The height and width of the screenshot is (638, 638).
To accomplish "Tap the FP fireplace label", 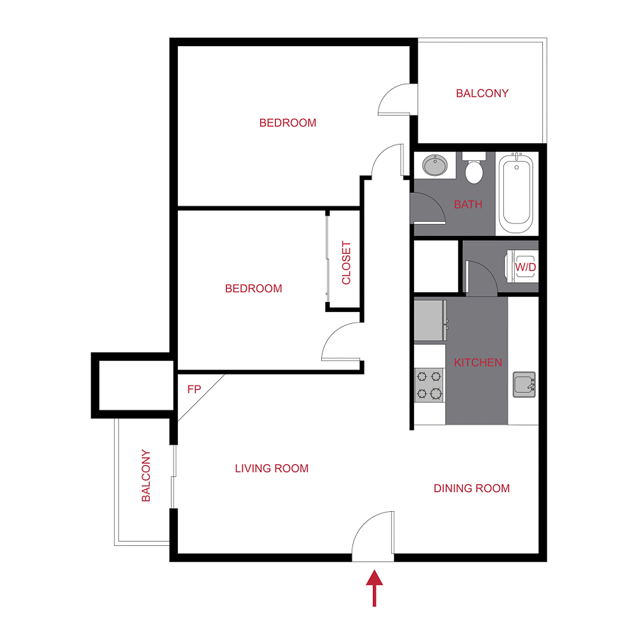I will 194,389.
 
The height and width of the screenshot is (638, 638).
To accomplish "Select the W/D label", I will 525,267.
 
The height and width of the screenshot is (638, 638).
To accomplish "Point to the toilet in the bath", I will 474,169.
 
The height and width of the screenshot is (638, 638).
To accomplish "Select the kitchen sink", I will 524,384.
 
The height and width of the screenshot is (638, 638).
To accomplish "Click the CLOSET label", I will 347,263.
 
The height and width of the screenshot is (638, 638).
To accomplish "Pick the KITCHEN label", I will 478,362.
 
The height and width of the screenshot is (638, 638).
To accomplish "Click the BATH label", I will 468,205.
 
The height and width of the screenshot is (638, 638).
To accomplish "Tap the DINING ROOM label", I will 471,488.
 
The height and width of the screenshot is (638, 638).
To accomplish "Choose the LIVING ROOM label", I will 272,469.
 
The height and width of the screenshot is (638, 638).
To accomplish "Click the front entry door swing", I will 374,535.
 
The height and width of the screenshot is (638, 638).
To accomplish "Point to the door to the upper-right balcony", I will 396,99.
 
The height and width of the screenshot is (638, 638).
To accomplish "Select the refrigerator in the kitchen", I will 430,321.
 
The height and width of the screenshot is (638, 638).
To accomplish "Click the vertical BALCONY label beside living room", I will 146,476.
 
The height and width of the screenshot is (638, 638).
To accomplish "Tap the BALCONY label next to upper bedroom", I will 482,93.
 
